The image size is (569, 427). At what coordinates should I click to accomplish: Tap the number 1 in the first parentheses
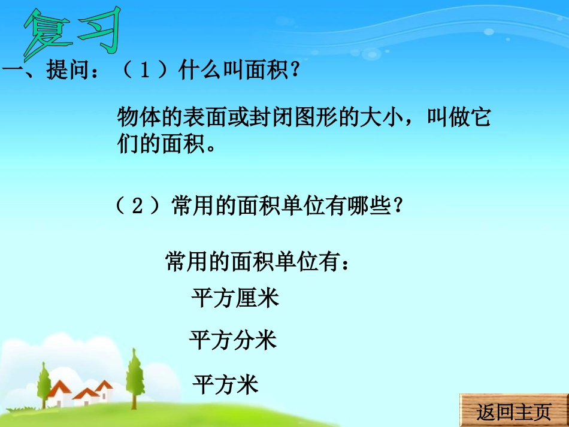pyautogui.click(x=145, y=73)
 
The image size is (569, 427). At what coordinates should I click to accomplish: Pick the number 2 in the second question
pyautogui.click(x=137, y=207)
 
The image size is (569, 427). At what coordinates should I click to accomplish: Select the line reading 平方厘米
pyautogui.click(x=235, y=298)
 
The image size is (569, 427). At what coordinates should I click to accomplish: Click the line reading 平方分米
pyautogui.click(x=233, y=341)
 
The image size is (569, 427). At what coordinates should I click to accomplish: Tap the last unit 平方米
pyautogui.click(x=225, y=384)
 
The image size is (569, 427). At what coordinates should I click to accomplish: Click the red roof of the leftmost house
pyautogui.click(x=60, y=389)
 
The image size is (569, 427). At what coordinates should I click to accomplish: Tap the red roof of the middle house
pyautogui.click(x=86, y=393)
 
